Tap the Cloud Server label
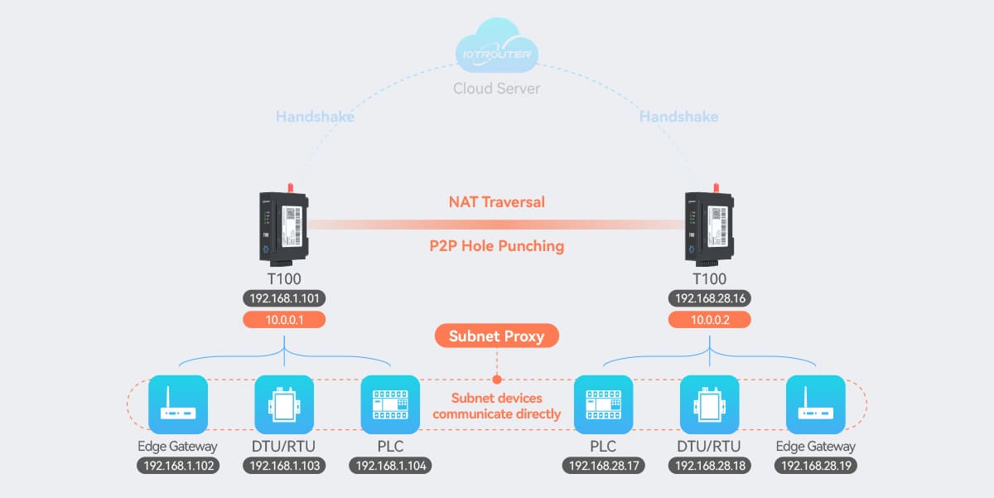(497, 88)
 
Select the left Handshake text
(315, 117)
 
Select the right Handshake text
(678, 117)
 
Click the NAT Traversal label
(497, 201)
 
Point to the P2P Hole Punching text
(497, 245)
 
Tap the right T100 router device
(709, 225)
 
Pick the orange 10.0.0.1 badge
(284, 320)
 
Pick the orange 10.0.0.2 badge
(709, 320)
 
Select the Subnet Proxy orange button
(497, 336)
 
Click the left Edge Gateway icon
(178, 404)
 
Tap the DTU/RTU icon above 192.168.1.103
(284, 404)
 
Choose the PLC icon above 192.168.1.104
(390, 404)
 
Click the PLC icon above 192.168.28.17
(604, 404)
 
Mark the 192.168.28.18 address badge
(709, 466)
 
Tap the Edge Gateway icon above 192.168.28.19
(815, 404)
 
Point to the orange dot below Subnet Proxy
(497, 380)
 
